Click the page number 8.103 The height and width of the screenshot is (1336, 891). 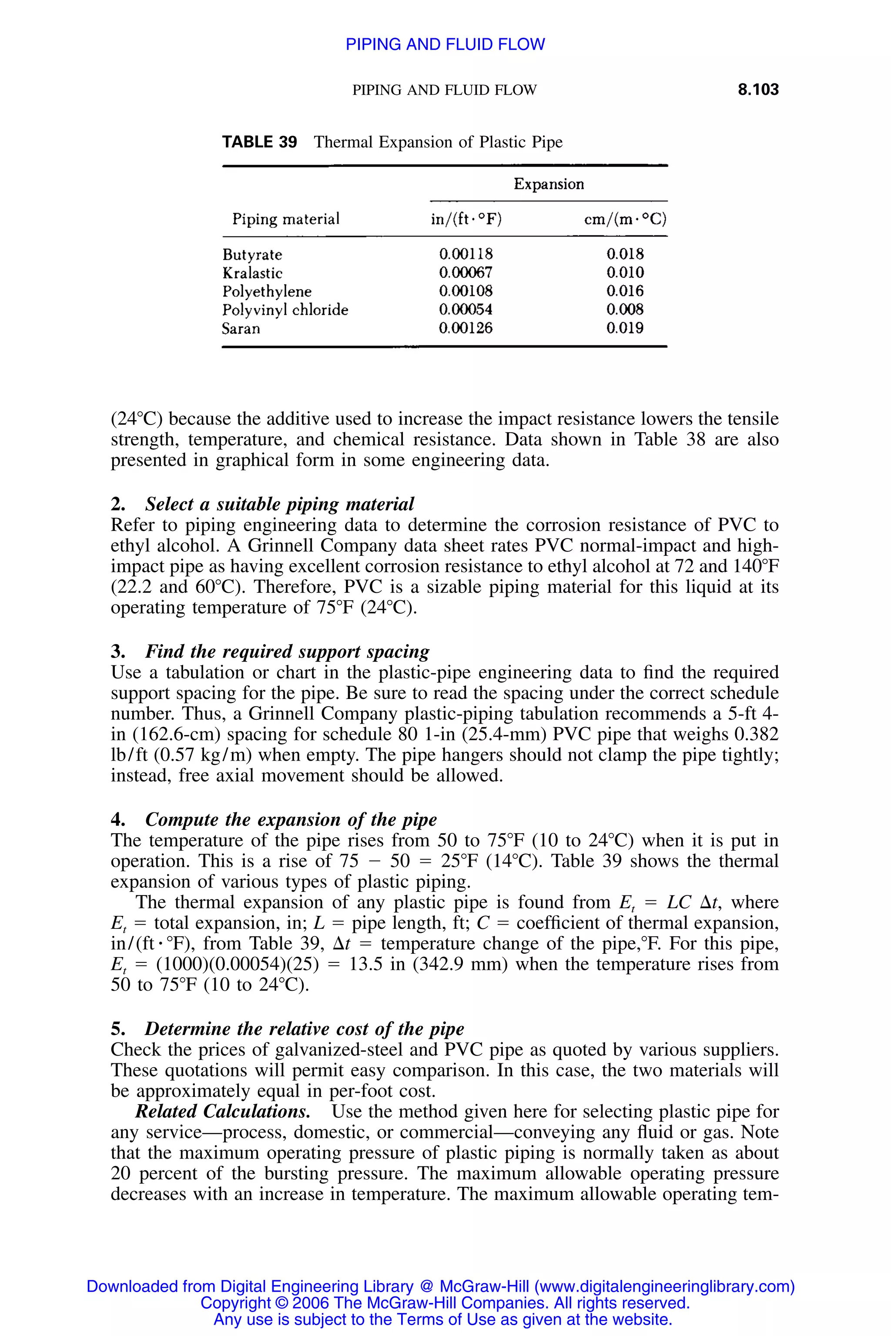757,89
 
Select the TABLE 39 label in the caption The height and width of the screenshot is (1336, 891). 259,142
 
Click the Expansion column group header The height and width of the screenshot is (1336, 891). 548,184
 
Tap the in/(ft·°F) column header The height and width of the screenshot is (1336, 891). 466,219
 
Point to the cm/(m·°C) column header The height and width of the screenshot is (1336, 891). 625,219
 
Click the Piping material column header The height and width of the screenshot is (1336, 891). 286,219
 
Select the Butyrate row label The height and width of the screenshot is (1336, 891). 252,254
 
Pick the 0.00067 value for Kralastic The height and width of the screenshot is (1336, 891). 466,273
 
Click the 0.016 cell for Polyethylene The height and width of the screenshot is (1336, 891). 624,291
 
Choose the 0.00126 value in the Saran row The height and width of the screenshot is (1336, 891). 466,328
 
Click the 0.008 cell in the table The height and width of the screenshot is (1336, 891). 624,310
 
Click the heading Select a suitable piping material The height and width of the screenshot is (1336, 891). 279,504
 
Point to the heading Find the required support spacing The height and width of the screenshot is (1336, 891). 287,651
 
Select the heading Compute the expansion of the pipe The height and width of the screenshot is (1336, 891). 291,820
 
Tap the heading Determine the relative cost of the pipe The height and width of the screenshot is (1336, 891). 304,1029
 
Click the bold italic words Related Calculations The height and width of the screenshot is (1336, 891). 222,1111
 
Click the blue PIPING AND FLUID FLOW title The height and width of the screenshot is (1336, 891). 445,44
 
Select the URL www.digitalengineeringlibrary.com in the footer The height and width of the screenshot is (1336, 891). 664,1286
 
